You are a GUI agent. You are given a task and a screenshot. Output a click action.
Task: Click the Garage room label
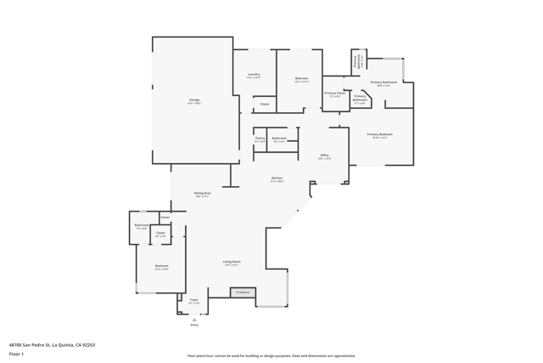point(194,100)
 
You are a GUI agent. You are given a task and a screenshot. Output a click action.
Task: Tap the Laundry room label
point(254,75)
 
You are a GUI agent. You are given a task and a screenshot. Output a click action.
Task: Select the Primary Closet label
point(335,94)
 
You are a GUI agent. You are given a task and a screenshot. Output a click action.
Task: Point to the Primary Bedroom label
point(379,134)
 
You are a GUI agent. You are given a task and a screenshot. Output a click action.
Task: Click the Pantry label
point(260,139)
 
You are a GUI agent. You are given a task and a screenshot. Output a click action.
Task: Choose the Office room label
point(324,156)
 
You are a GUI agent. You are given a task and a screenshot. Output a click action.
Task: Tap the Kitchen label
point(277,179)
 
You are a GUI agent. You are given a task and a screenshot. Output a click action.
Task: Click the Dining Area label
point(202,194)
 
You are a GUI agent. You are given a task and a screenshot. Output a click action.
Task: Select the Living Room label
point(232,262)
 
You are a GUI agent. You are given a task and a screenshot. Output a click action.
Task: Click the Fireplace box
point(243,292)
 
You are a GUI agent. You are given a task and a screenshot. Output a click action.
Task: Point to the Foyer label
point(193,300)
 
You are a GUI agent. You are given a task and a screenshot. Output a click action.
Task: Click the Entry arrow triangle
point(194,320)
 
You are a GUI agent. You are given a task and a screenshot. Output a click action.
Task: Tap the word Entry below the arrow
point(194,325)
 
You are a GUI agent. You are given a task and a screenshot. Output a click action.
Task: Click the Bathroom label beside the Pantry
point(279,139)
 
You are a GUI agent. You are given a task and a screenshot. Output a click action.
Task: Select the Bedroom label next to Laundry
point(301,79)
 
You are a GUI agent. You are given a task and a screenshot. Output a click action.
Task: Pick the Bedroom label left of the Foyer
point(161,266)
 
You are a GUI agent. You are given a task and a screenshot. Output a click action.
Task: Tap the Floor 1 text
point(17,354)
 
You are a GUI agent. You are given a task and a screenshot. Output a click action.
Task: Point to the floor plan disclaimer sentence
point(271,355)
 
